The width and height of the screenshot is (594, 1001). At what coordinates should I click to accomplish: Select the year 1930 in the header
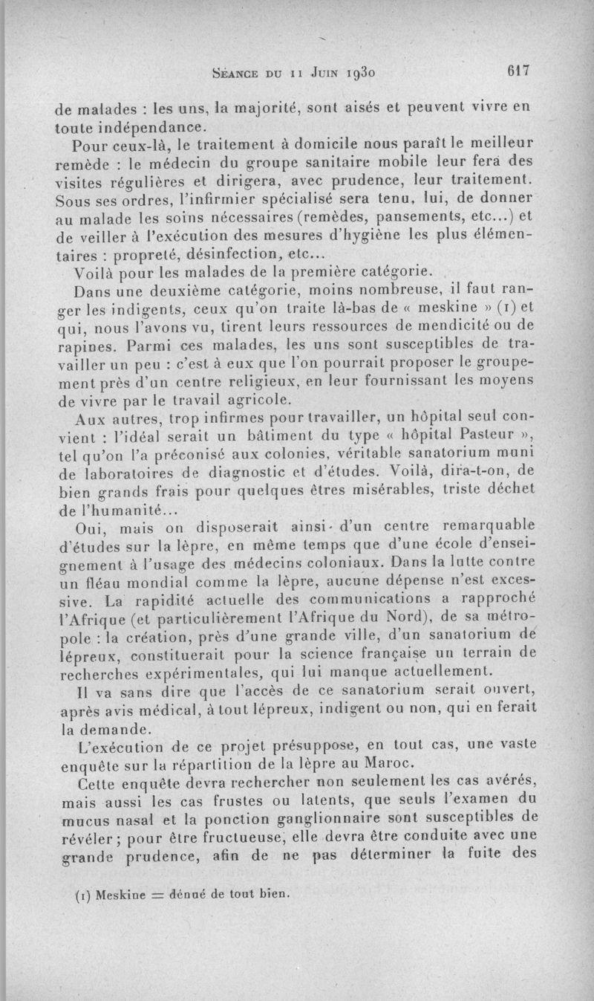click(362, 73)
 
